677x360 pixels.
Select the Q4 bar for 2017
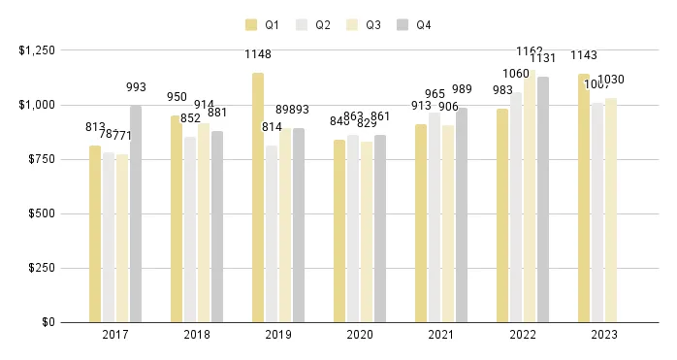point(136,213)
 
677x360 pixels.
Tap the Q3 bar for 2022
point(530,195)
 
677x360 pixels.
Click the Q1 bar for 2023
point(584,198)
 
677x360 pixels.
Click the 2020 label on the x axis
point(360,335)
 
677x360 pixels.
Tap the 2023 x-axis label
point(604,335)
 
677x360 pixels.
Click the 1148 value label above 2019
point(258,55)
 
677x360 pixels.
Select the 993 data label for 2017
point(136,88)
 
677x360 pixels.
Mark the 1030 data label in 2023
point(612,80)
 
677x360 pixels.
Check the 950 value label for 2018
point(177,98)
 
